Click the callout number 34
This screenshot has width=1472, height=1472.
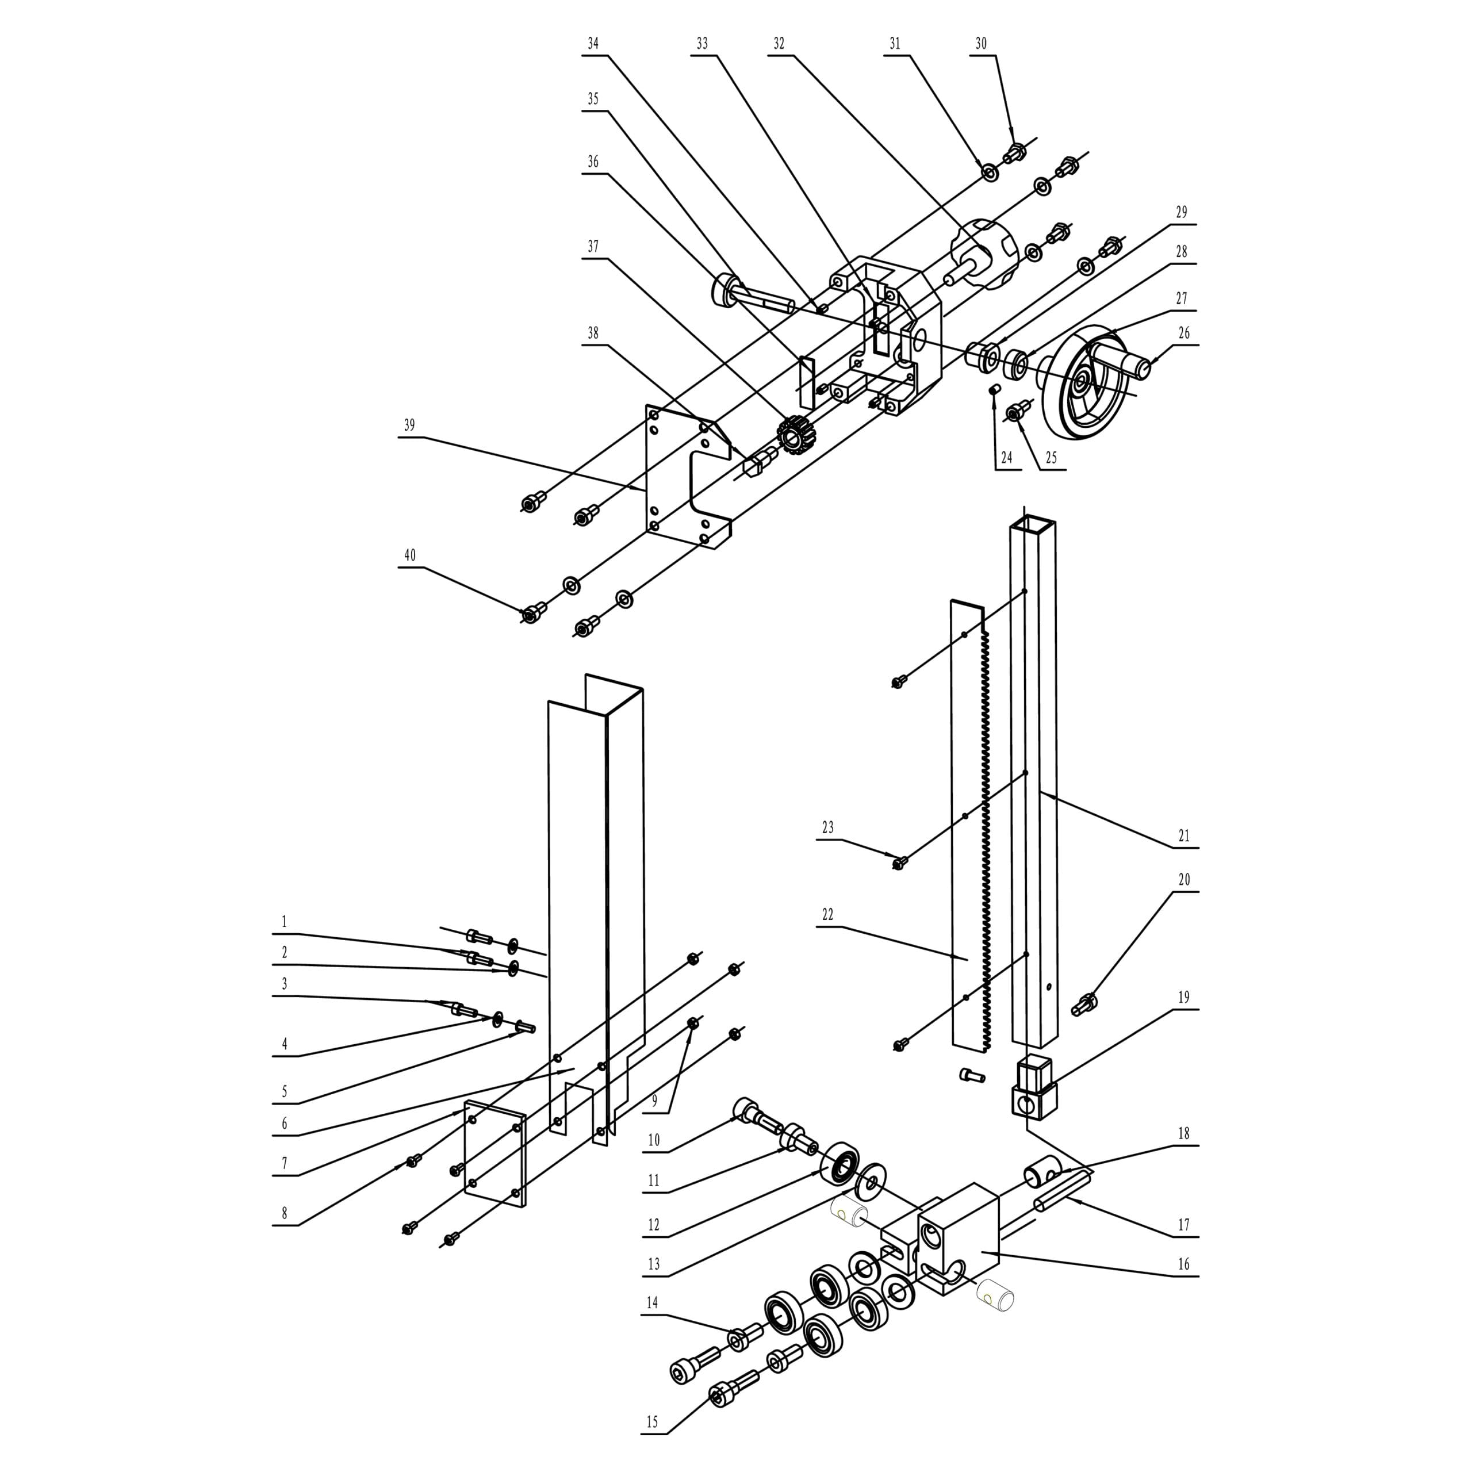coord(593,44)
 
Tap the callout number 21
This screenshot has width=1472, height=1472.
coord(1183,837)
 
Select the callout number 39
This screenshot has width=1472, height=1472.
coord(409,425)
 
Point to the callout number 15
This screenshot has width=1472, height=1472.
coord(652,1423)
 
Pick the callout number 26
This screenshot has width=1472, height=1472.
coord(1183,333)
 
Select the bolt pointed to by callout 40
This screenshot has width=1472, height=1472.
coord(535,611)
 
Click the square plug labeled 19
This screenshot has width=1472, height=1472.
coord(1034,1087)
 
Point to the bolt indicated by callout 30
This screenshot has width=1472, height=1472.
coord(1014,152)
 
